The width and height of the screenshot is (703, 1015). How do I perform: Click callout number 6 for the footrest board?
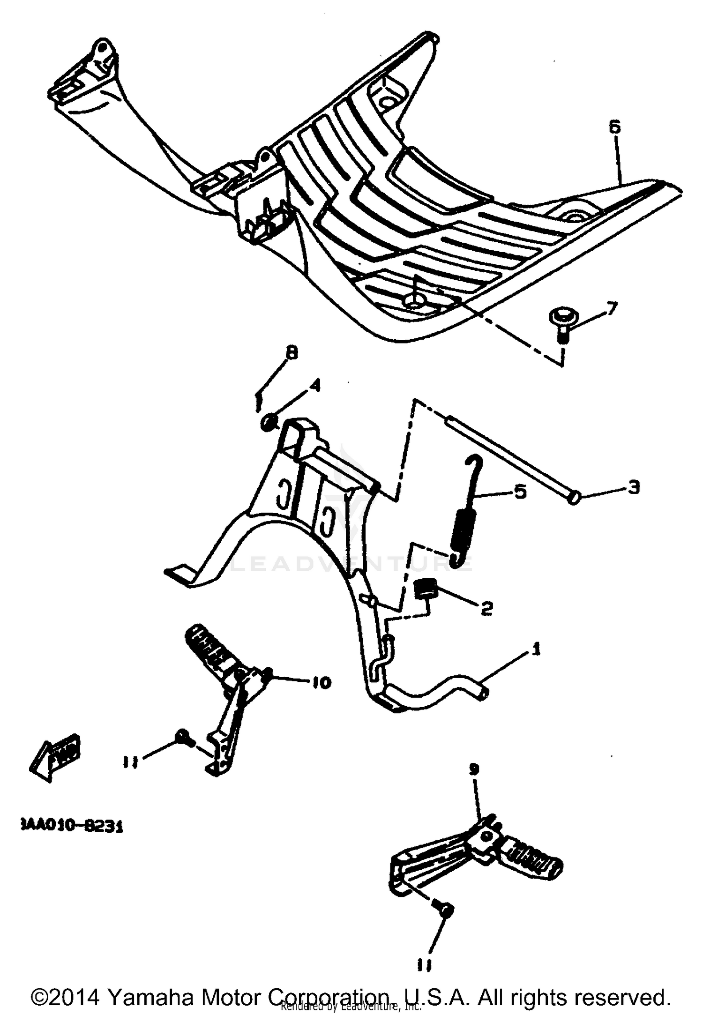click(x=614, y=127)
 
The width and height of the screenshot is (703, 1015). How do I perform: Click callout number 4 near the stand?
click(x=315, y=385)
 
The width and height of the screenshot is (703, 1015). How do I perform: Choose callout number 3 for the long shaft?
click(x=633, y=488)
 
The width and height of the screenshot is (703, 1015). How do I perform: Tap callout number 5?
click(x=520, y=492)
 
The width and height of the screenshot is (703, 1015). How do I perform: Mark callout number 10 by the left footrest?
click(x=321, y=683)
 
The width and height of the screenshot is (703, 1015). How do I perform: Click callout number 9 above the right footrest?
click(x=474, y=769)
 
